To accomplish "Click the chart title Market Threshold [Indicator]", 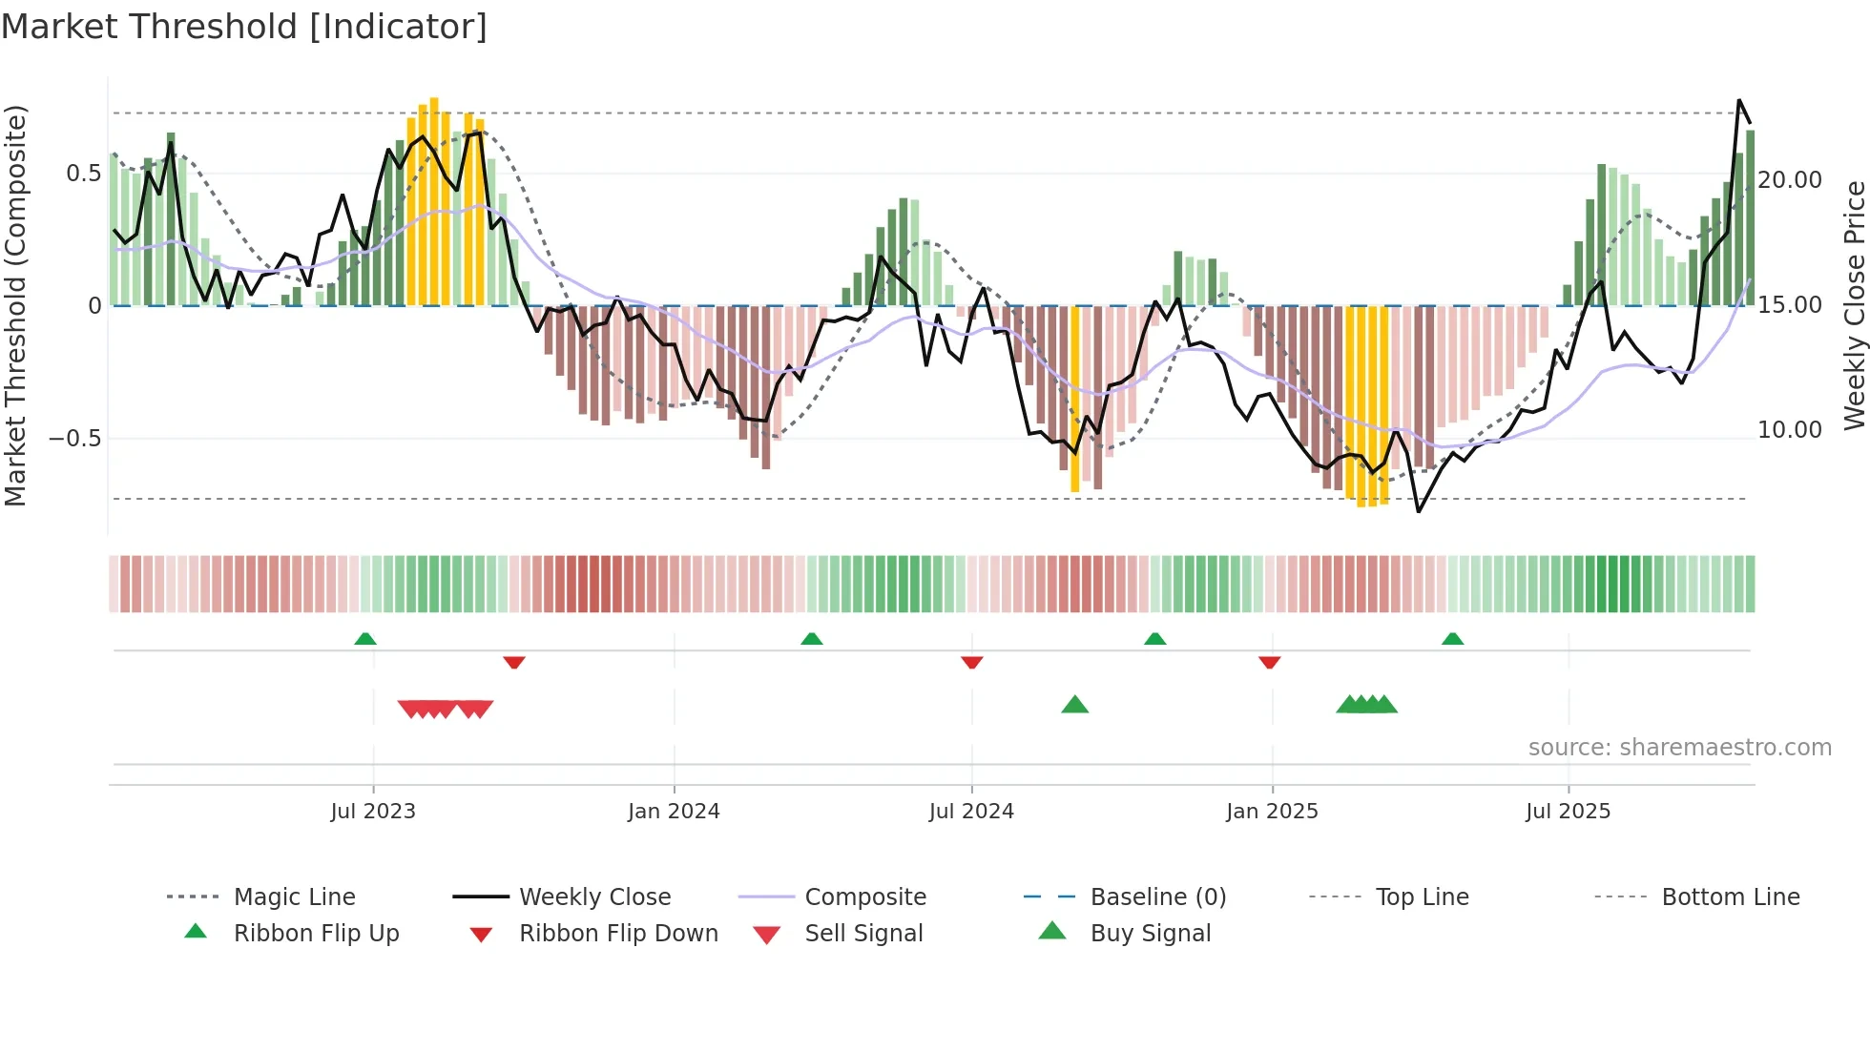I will tap(244, 27).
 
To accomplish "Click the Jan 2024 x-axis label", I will tap(674, 812).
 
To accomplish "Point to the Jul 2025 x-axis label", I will tap(1568, 812).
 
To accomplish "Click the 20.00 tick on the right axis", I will tap(1790, 180).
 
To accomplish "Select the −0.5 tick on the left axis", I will tap(75, 439).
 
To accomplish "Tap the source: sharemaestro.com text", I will tap(1679, 748).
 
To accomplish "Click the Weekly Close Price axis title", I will tap(1854, 305).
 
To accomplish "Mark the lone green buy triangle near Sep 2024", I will tap(1075, 705).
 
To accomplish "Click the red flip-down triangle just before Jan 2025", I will tap(1269, 662).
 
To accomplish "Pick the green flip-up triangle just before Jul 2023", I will tap(365, 639).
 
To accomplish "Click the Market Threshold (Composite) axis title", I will tap(16, 305).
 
